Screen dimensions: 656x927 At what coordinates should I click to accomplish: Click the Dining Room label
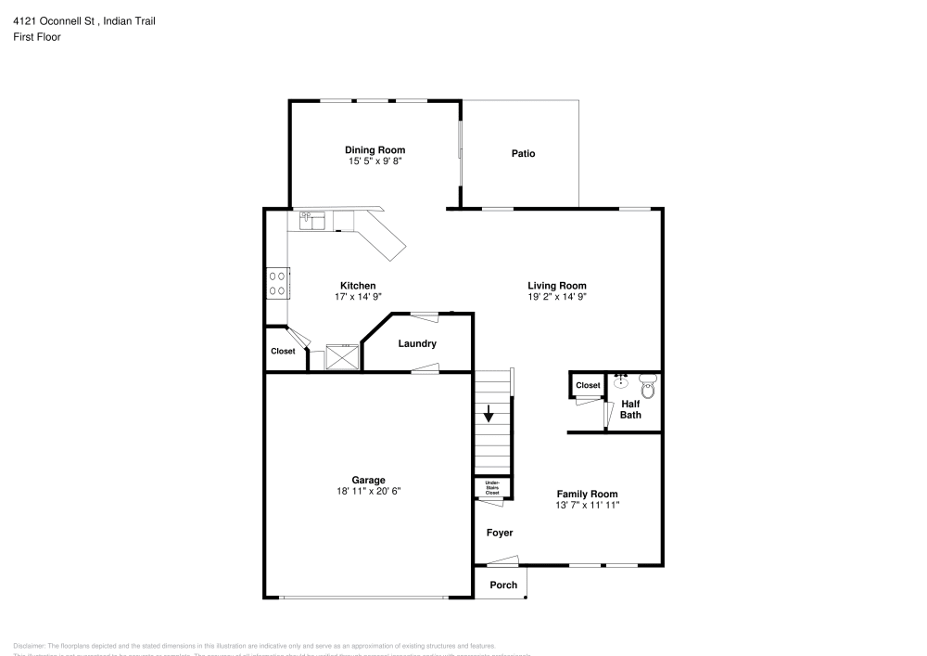pyautogui.click(x=375, y=150)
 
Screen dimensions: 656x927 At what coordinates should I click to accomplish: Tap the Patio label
pyautogui.click(x=523, y=154)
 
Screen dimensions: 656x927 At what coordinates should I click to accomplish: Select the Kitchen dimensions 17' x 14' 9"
pyautogui.click(x=358, y=297)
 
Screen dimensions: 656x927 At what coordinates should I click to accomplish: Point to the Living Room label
pyautogui.click(x=557, y=286)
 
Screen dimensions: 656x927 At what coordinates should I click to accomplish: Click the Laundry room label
pyautogui.click(x=417, y=344)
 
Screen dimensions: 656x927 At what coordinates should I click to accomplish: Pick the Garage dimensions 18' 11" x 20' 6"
pyautogui.click(x=368, y=492)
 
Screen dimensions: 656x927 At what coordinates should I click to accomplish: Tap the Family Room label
pyautogui.click(x=587, y=494)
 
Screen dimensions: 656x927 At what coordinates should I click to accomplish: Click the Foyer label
pyautogui.click(x=500, y=534)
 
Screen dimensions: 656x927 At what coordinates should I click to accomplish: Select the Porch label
pyautogui.click(x=503, y=585)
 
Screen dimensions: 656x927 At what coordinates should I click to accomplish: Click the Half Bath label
pyautogui.click(x=630, y=409)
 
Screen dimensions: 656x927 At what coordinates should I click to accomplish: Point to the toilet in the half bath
pyautogui.click(x=648, y=385)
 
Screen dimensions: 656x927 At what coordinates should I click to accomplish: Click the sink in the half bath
pyautogui.click(x=621, y=380)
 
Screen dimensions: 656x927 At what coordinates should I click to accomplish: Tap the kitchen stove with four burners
pyautogui.click(x=277, y=282)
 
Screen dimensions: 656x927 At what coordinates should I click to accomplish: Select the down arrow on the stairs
pyautogui.click(x=489, y=415)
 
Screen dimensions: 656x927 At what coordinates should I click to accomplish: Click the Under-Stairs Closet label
pyautogui.click(x=491, y=487)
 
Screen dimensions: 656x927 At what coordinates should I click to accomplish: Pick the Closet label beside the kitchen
pyautogui.click(x=283, y=352)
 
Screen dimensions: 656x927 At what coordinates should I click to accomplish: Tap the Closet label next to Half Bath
pyautogui.click(x=588, y=385)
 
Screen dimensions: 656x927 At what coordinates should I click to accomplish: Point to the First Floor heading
pyautogui.click(x=37, y=37)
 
